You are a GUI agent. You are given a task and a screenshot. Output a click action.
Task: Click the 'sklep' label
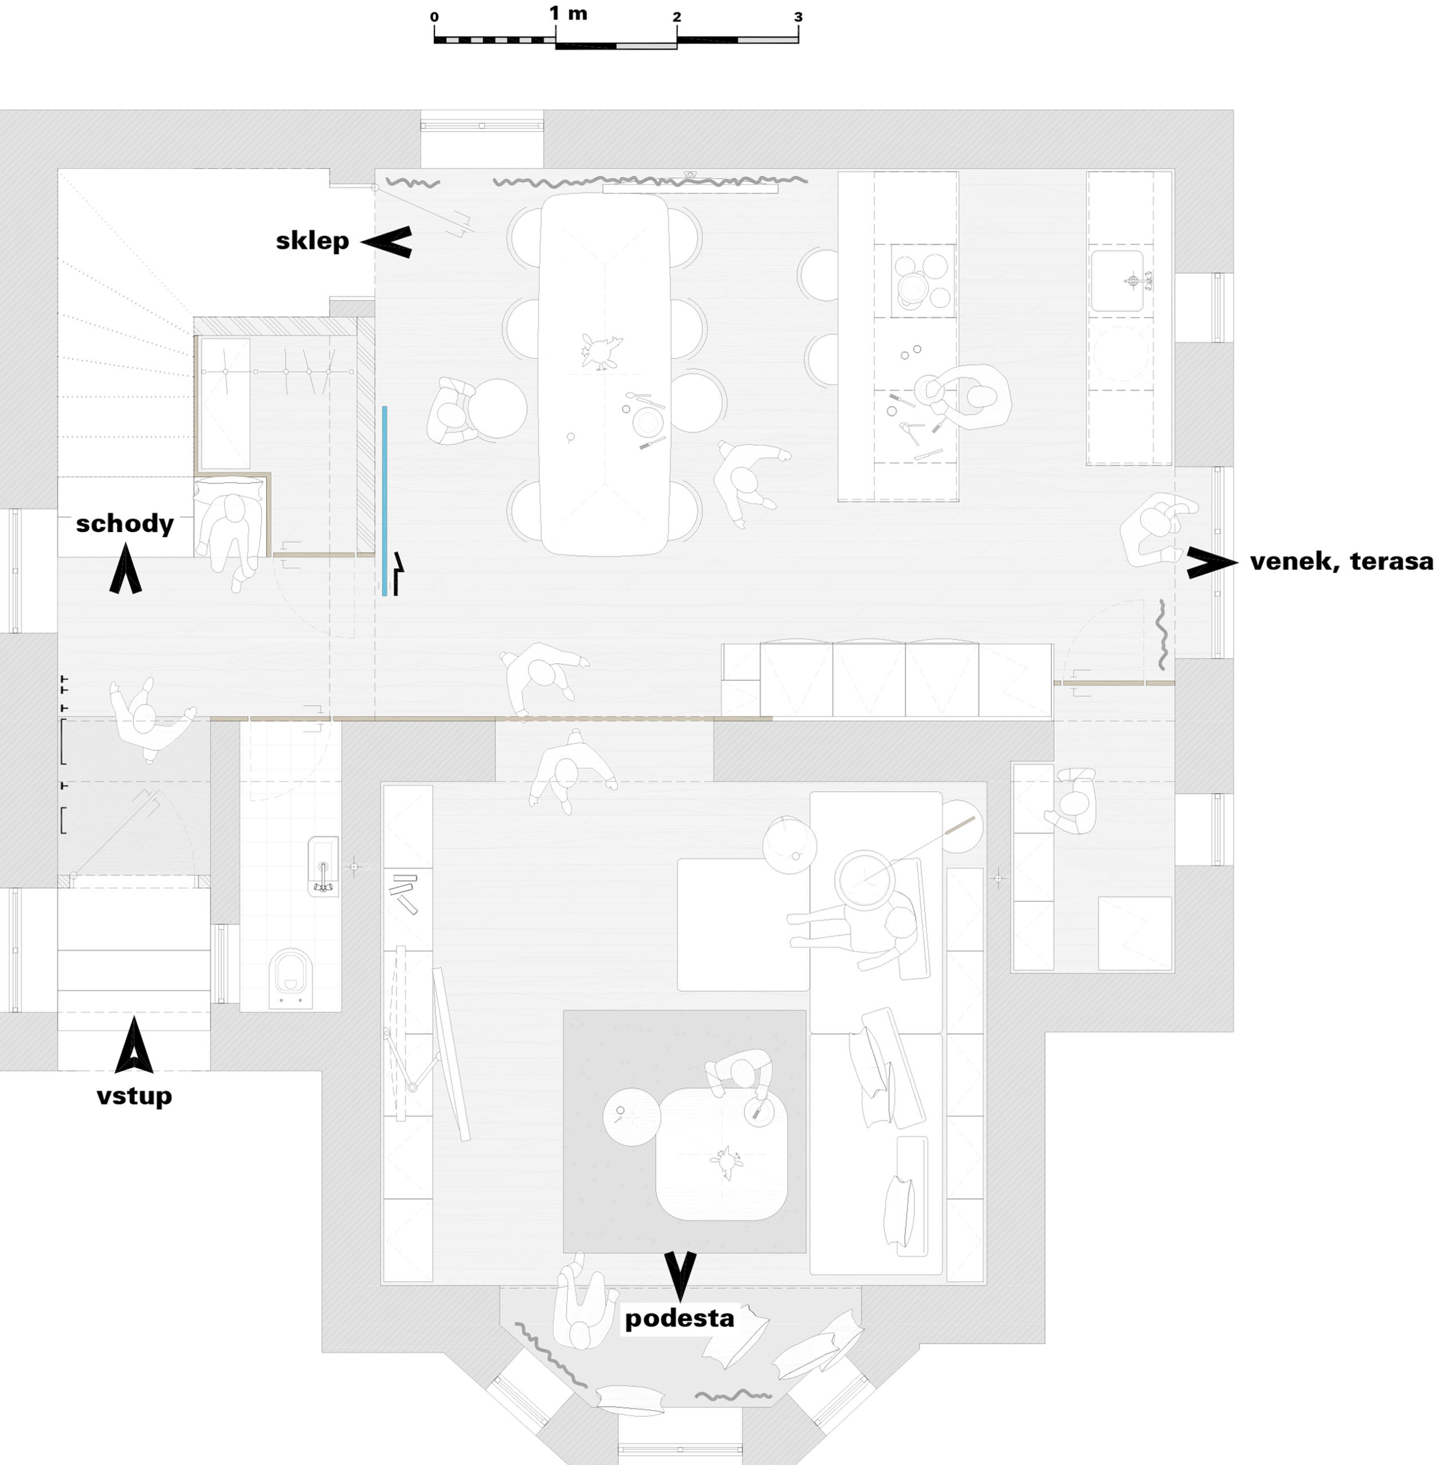pyautogui.click(x=312, y=241)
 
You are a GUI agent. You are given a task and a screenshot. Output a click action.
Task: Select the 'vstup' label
pyautogui.click(x=134, y=1096)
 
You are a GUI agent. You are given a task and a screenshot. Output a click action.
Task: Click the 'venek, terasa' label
pyautogui.click(x=1341, y=562)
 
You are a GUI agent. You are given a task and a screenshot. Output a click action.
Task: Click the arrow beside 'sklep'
pyautogui.click(x=387, y=242)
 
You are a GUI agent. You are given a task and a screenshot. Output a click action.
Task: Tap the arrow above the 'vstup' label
pyautogui.click(x=134, y=1047)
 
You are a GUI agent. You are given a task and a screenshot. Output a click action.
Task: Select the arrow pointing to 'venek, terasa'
pyautogui.click(x=1210, y=563)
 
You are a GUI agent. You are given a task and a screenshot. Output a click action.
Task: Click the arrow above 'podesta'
pyautogui.click(x=680, y=1274)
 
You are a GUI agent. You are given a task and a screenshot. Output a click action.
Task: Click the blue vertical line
pyautogui.click(x=385, y=501)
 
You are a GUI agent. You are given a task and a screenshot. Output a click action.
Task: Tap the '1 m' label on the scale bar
pyautogui.click(x=568, y=14)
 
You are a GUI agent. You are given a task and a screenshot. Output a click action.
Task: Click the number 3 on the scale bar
pyautogui.click(x=798, y=17)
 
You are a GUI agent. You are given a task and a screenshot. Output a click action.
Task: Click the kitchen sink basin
pyautogui.click(x=1116, y=282)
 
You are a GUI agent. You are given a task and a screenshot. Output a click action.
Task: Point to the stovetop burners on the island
pyautogui.click(x=921, y=280)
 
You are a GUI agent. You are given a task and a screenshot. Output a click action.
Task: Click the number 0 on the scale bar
pyautogui.click(x=434, y=17)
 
